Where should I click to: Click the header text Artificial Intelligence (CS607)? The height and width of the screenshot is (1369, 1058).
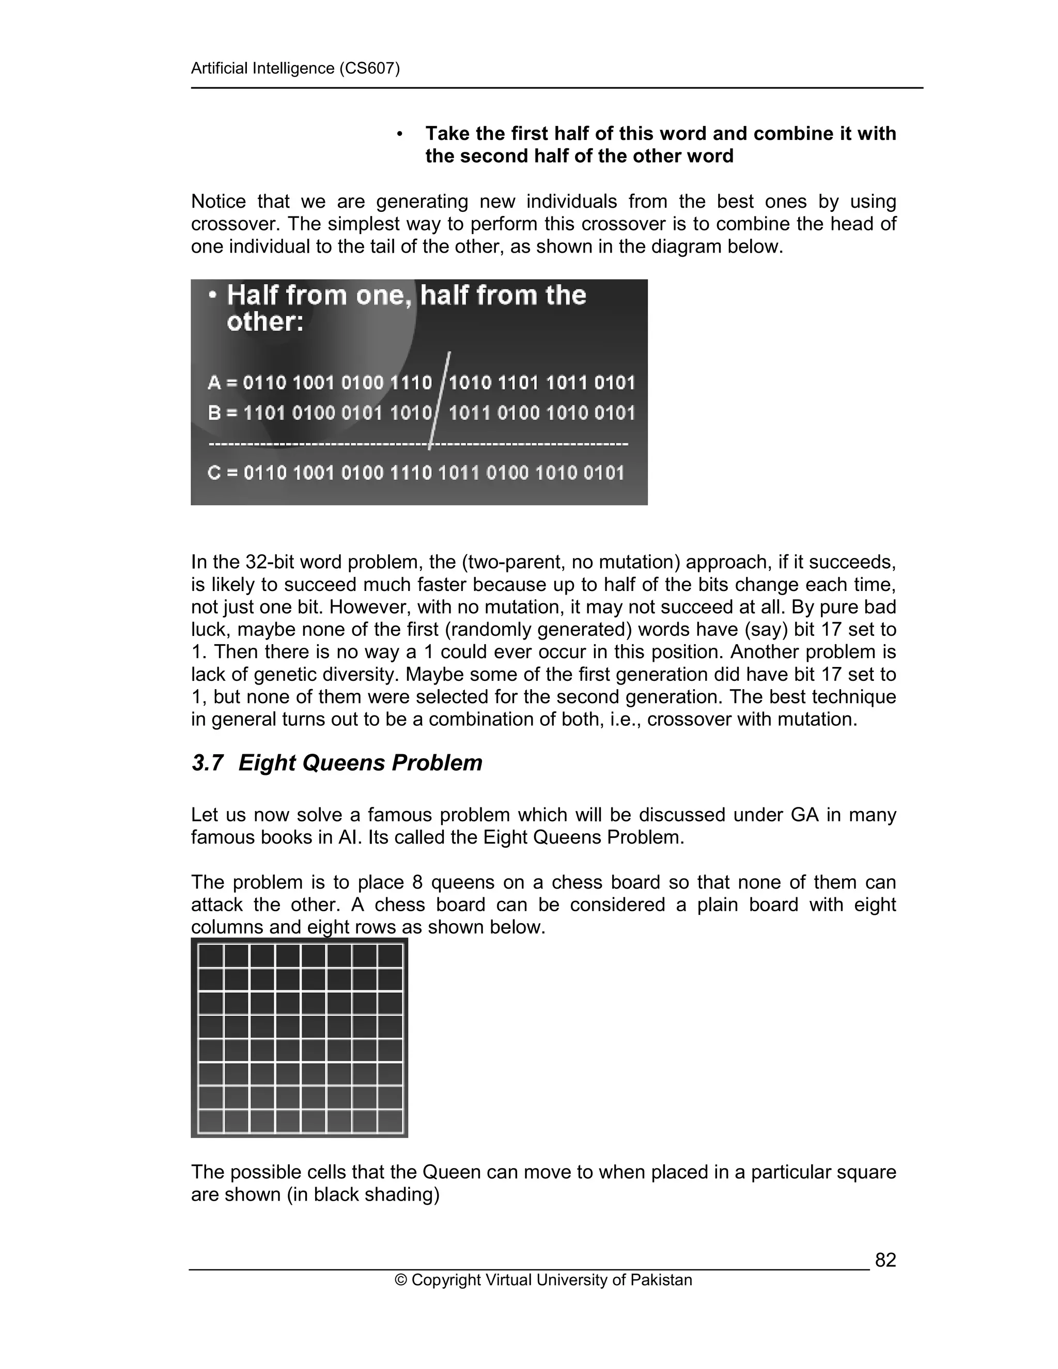click(x=295, y=68)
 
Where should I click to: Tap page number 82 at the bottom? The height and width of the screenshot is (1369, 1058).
click(x=885, y=1260)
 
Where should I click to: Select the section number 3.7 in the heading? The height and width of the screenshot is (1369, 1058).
click(x=208, y=763)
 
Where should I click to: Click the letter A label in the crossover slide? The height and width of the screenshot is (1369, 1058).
click(x=214, y=382)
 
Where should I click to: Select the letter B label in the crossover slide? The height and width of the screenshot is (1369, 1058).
click(x=214, y=413)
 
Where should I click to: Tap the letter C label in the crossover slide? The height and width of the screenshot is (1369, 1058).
click(x=214, y=473)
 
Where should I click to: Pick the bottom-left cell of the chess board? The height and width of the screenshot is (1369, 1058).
click(x=211, y=1121)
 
